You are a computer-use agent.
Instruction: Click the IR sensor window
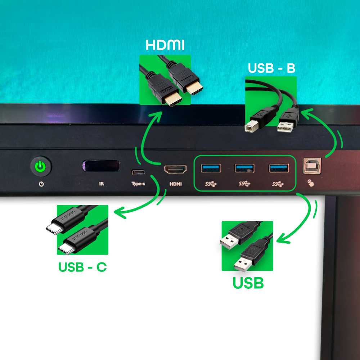point(101,166)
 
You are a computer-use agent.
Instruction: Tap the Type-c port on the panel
point(138,172)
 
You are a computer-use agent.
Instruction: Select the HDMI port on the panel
point(175,170)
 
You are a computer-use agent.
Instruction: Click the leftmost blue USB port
point(211,168)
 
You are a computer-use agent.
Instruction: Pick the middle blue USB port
point(244,168)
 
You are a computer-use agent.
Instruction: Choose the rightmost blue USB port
point(279,168)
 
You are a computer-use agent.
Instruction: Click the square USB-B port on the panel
point(312,166)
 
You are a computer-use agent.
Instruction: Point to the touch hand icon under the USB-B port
point(311,183)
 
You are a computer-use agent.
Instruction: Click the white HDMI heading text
point(165,45)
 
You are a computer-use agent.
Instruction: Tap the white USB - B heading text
point(271,68)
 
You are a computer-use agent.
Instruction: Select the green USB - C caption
point(83,267)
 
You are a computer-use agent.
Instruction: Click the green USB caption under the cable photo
point(248,283)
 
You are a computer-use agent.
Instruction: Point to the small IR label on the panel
point(101,184)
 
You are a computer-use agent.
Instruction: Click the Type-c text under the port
point(138,184)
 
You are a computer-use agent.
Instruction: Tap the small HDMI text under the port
point(176,184)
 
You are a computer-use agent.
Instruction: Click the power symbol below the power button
point(41,184)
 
